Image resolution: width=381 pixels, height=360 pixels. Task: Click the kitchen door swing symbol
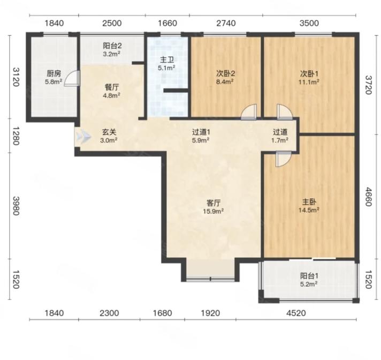coord(72,78)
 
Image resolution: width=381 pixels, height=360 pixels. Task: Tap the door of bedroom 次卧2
coord(249,112)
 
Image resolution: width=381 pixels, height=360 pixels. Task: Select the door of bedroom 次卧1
coord(285,112)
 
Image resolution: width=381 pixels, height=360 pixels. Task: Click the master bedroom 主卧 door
coord(283,159)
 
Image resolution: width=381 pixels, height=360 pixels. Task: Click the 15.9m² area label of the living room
coord(214,211)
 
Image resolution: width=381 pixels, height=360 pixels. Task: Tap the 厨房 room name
coord(54,73)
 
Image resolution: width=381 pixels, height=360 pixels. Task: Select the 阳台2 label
coord(112,46)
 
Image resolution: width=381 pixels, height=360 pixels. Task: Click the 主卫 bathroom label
coord(167,60)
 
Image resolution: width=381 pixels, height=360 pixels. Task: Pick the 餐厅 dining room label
coord(112,87)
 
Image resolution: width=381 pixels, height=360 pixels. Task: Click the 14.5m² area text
coord(309,210)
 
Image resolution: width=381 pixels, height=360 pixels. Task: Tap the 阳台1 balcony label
coord(309,276)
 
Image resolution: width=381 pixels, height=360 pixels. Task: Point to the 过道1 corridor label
coord(201,132)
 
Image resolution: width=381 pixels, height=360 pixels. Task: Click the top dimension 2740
coord(226,24)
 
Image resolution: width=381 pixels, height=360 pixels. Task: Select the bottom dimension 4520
coord(296,313)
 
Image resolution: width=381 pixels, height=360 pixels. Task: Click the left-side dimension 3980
coord(16,206)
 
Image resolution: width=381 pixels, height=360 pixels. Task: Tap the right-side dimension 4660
coord(369,197)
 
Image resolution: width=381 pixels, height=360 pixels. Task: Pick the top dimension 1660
coord(167,24)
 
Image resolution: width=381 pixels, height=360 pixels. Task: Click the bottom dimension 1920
coord(210,313)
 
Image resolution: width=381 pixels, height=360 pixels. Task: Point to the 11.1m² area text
coord(309,82)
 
